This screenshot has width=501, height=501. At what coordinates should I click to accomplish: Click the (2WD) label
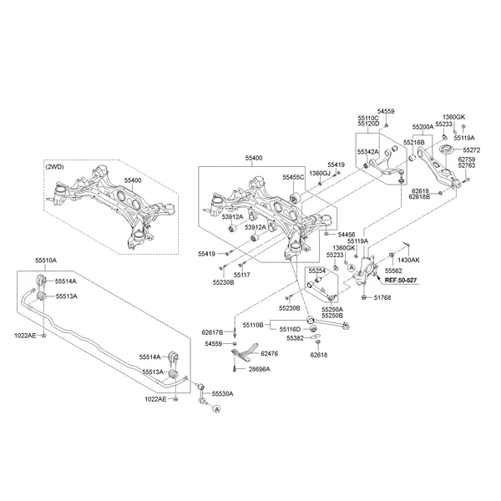(x=56, y=166)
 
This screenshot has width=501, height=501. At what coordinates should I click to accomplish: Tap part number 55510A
(x=46, y=261)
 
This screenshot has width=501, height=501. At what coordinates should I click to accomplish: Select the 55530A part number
(x=222, y=393)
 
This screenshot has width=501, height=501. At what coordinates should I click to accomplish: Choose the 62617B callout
(x=213, y=332)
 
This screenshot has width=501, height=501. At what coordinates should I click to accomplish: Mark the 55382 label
(x=295, y=338)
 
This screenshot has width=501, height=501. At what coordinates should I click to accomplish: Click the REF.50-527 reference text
(x=401, y=282)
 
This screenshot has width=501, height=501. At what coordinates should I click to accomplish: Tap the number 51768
(x=383, y=296)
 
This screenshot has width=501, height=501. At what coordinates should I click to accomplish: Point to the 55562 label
(x=394, y=271)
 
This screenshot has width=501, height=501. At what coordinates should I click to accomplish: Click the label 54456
(x=345, y=235)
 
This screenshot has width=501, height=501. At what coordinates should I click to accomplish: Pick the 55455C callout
(x=293, y=178)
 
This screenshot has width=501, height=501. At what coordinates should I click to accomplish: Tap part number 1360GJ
(x=320, y=173)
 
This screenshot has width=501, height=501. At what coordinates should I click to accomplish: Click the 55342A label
(x=368, y=152)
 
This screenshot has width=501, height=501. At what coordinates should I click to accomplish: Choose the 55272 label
(x=471, y=149)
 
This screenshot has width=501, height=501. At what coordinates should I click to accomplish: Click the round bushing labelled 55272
(x=445, y=150)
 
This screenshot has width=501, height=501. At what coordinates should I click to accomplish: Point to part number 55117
(x=242, y=274)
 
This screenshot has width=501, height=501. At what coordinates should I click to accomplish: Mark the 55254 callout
(x=316, y=271)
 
